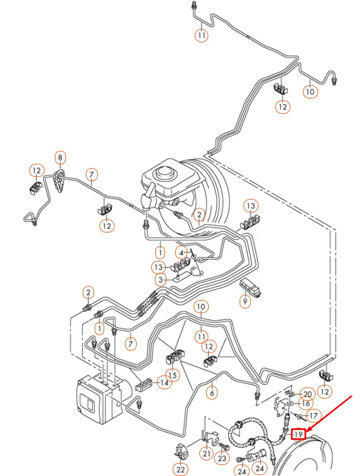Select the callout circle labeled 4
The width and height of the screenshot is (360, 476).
(x=180, y=252)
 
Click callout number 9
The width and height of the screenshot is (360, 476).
(x=244, y=301)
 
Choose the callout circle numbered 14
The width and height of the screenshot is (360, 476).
(x=164, y=383)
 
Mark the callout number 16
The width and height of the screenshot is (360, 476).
(x=305, y=404)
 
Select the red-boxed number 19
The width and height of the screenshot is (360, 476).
(x=298, y=434)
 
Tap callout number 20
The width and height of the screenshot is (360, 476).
(x=307, y=394)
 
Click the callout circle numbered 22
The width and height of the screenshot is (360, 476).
(x=181, y=470)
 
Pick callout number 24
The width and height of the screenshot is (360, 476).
(x=241, y=471)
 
